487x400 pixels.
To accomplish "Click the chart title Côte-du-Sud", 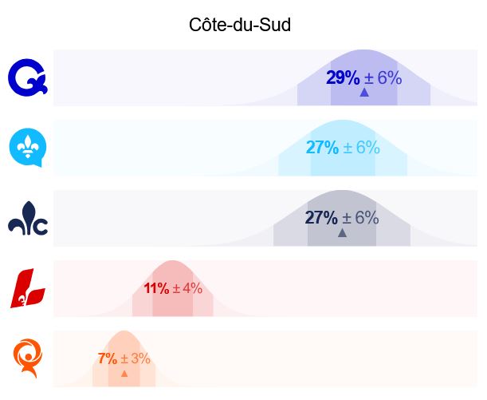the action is (x=240, y=25).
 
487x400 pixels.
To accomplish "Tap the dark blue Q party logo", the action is (x=28, y=77).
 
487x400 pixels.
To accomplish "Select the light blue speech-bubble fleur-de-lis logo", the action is (x=28, y=148).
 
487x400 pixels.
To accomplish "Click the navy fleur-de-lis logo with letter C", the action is (x=28, y=218).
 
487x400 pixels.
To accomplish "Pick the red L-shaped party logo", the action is (x=28, y=288).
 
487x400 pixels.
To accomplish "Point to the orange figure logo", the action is (x=28, y=358).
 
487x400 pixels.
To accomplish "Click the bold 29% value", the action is (x=343, y=77).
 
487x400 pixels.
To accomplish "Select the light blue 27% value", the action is (x=322, y=147).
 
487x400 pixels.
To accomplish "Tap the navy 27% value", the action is (x=321, y=217).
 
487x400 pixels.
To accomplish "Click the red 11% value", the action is (x=156, y=288).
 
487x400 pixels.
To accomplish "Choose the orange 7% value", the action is (x=108, y=358).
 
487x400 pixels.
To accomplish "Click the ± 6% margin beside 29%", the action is (x=383, y=77).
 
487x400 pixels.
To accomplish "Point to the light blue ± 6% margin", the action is (x=362, y=147).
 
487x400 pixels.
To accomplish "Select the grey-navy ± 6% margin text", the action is (x=360, y=217).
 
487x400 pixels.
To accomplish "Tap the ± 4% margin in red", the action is (x=187, y=288).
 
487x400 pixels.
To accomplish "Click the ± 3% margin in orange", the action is (x=135, y=358).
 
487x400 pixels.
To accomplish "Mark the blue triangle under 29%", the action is (x=364, y=93).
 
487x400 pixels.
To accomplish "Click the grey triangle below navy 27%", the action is (x=342, y=232).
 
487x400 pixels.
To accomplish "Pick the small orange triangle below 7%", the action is (x=124, y=373).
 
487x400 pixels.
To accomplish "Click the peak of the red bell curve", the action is (x=173, y=260).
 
